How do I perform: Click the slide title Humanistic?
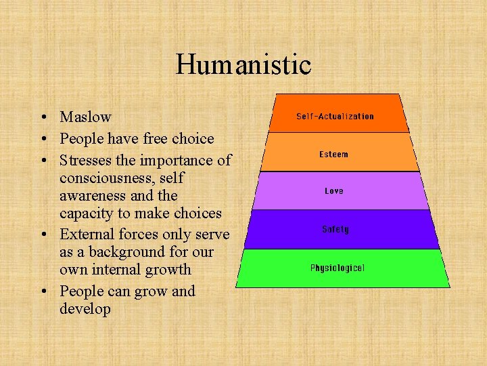pyautogui.click(x=243, y=65)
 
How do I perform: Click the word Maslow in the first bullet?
pyautogui.click(x=85, y=117)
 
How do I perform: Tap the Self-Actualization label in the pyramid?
pyautogui.click(x=335, y=117)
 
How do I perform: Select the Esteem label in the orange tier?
pyautogui.click(x=334, y=155)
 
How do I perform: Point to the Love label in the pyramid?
pyautogui.click(x=334, y=191)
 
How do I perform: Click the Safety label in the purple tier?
pyautogui.click(x=335, y=230)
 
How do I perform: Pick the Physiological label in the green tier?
pyautogui.click(x=337, y=268)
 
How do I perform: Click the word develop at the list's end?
pyautogui.click(x=85, y=309)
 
